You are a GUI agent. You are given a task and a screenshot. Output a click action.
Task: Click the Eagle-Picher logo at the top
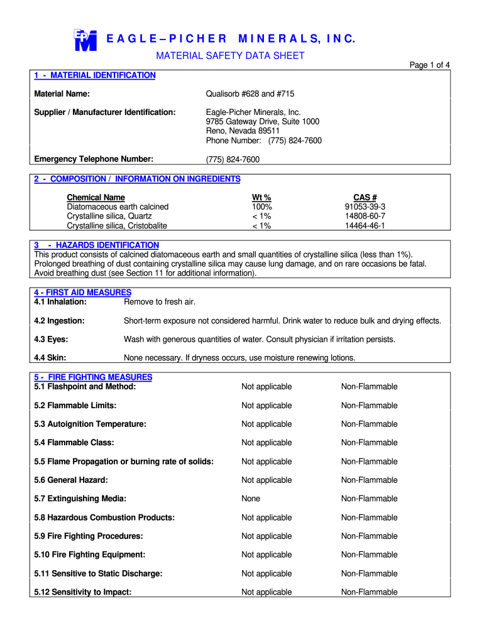click(x=85, y=40)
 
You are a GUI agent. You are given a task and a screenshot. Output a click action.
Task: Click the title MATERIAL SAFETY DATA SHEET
click(x=230, y=56)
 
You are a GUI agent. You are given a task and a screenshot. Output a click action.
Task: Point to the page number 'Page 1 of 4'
click(x=429, y=65)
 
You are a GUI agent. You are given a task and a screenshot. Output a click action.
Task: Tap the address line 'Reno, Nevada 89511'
click(x=243, y=131)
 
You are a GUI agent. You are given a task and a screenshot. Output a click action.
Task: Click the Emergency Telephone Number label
click(x=94, y=159)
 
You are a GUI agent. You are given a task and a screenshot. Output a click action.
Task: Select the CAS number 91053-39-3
click(x=365, y=207)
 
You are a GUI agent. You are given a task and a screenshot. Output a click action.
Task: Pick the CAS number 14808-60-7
click(x=365, y=216)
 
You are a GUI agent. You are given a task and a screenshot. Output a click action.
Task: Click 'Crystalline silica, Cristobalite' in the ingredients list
click(x=117, y=226)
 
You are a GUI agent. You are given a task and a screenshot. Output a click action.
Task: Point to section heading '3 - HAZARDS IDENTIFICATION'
click(x=96, y=245)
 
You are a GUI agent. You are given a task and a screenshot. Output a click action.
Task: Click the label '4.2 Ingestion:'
click(x=59, y=321)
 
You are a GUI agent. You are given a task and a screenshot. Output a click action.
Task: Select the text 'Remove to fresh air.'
click(x=160, y=302)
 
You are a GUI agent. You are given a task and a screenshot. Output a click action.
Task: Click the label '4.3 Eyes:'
click(x=52, y=339)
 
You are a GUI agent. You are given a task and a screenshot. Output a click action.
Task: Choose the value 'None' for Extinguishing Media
click(x=251, y=499)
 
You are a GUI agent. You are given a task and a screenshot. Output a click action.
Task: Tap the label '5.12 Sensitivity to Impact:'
click(x=83, y=592)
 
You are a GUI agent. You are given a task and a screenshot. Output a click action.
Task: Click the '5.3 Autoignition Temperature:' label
click(x=90, y=424)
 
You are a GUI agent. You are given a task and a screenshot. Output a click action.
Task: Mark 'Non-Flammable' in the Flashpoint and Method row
click(x=369, y=387)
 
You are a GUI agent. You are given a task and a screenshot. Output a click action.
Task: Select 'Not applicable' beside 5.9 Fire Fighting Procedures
click(x=267, y=536)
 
